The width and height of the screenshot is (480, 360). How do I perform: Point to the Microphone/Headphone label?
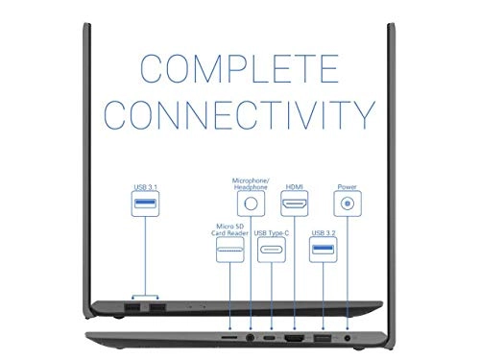252,182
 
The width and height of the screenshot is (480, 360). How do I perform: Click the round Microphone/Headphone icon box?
252,203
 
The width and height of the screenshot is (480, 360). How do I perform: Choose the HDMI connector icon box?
295,204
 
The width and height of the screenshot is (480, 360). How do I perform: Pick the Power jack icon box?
346,204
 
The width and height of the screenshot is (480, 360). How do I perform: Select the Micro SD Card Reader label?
230,229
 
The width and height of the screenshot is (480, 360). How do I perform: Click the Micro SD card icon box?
230,252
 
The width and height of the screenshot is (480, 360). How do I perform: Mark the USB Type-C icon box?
273,253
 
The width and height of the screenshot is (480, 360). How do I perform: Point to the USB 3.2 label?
323,233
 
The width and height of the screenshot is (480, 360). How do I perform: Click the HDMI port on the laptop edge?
295,340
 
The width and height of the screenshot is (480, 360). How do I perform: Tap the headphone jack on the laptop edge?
252,340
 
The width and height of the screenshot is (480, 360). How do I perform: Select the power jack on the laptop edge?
346,340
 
